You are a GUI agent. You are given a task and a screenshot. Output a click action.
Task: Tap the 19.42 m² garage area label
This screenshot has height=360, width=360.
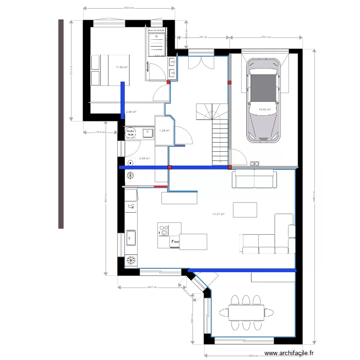(265, 109)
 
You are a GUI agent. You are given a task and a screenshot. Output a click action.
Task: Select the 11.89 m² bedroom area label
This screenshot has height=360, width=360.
(121, 67)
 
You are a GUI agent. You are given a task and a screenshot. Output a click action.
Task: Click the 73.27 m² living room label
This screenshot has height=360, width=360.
(218, 215)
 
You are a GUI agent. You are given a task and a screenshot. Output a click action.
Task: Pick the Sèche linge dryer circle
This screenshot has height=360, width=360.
(130, 132)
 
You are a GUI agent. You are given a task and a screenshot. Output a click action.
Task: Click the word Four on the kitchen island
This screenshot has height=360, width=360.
(176, 242)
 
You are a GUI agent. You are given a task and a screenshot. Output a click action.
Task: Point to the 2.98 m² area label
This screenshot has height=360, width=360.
(131, 112)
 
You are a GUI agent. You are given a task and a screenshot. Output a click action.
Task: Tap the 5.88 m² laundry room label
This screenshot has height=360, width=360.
(144, 158)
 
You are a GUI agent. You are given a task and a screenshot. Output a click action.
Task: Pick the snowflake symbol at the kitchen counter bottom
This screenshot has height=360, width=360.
(130, 261)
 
